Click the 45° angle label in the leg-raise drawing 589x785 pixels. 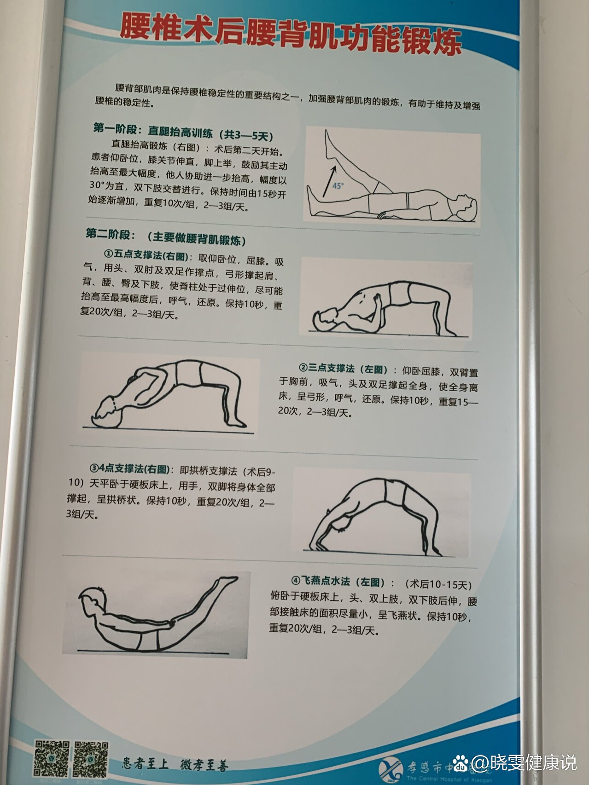pos(338,186)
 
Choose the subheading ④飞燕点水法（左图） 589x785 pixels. pos(338,582)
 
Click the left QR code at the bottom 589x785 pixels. pos(52,758)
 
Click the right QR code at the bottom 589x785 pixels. pos(91,759)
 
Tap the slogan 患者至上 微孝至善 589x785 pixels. pos(175,764)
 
